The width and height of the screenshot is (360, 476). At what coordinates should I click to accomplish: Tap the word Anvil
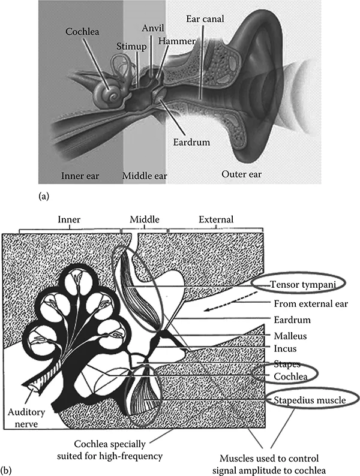tap(154, 28)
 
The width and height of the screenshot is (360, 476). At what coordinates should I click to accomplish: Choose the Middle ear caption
tap(145, 176)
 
